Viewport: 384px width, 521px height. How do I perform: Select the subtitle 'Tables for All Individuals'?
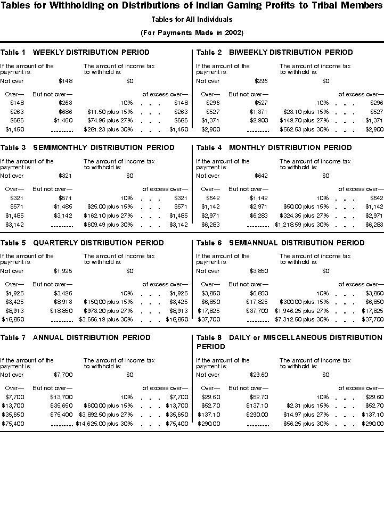pos(192,20)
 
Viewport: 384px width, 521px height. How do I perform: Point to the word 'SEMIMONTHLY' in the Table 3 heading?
pos(58,147)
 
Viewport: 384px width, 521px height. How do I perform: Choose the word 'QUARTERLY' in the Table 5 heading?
pos(55,243)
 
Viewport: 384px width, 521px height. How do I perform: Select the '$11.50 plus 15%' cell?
pos(110,112)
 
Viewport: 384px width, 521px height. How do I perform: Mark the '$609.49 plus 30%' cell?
pos(108,225)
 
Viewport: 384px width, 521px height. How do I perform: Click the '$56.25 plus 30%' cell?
pos(306,423)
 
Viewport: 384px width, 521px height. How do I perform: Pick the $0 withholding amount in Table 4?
pos(326,176)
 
